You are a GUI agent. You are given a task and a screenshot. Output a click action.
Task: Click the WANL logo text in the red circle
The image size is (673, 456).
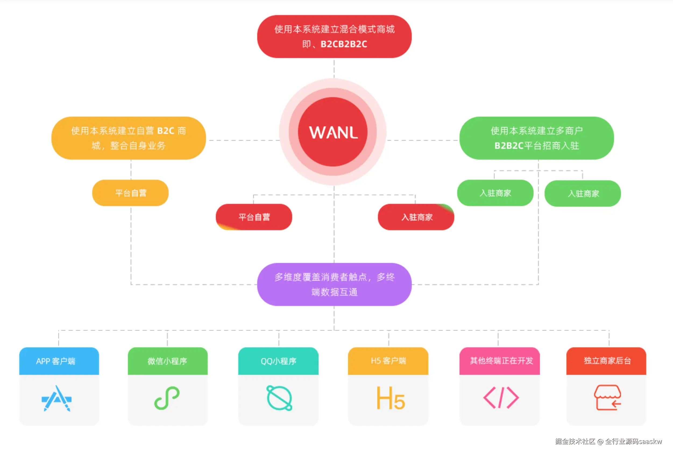[x=333, y=132]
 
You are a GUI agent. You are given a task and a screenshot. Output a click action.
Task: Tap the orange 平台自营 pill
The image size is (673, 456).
[x=130, y=193]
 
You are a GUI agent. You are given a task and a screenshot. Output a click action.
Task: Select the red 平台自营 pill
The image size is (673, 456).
[x=254, y=217]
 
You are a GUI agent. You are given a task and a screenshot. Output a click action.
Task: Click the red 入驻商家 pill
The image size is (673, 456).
[x=416, y=217]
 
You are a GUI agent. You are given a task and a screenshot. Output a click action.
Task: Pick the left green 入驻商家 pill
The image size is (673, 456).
[x=495, y=193]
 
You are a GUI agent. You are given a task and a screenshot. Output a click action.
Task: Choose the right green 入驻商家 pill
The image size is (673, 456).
[x=583, y=193]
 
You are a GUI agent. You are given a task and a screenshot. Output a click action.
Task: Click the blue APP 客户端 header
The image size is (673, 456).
[x=59, y=361]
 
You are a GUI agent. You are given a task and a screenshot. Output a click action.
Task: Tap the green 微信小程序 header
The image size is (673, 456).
[x=168, y=361]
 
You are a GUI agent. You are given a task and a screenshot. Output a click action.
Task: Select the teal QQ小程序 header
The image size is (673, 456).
[x=278, y=361]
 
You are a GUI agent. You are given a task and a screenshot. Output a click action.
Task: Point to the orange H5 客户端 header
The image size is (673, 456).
[x=388, y=361]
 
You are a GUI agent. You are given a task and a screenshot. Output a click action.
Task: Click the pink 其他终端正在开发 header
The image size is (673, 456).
[x=500, y=361]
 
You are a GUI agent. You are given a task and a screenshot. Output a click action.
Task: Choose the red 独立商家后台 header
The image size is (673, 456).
[x=606, y=361]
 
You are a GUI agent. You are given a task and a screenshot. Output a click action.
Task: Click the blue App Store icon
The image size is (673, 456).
[x=57, y=399]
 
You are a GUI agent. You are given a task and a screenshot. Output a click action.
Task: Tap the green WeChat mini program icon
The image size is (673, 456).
[x=167, y=398]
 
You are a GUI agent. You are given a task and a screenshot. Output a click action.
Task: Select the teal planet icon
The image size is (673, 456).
[x=279, y=398]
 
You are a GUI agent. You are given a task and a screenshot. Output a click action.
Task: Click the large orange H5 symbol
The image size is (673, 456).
[x=390, y=399]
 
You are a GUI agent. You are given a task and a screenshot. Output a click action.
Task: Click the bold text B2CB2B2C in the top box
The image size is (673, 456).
[x=344, y=44]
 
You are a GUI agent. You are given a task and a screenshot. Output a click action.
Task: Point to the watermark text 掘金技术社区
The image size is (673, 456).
[x=575, y=441]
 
